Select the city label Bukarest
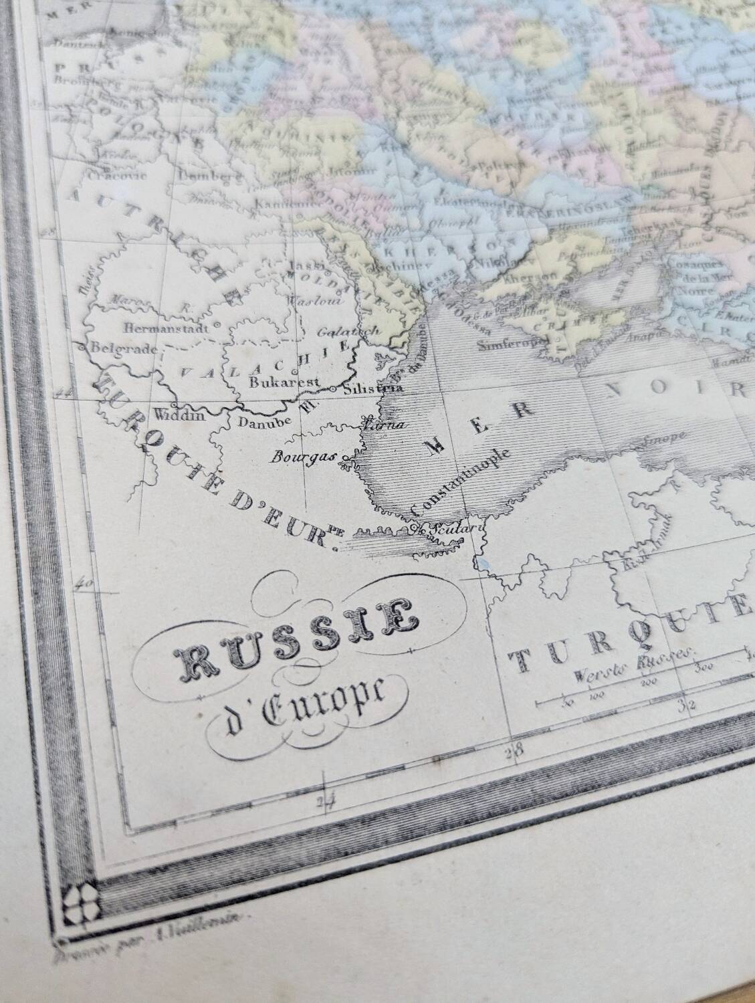pos(278,383)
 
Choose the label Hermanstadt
pos(167,328)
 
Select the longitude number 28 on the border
pos(514,750)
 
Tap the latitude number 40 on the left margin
pos(85,582)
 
